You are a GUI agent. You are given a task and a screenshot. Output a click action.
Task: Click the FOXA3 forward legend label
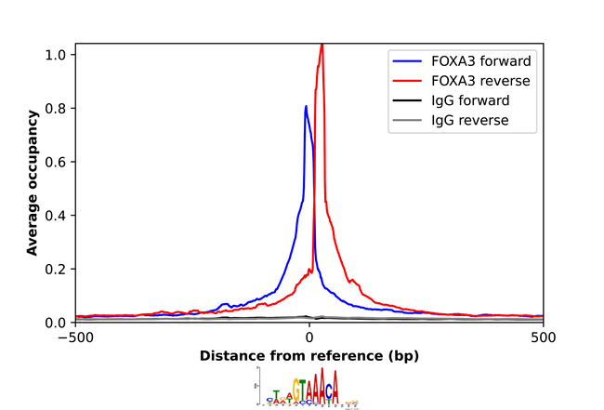pos(480,61)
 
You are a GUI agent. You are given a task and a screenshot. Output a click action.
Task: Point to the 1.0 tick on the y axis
pos(57,55)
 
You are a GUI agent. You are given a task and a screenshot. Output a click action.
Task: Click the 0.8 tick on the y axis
pos(57,108)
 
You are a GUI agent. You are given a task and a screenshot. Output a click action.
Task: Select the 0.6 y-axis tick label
pos(57,162)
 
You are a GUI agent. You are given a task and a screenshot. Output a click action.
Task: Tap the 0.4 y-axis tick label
pos(57,216)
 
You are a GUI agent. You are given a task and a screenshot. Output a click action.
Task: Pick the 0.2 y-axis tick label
pos(57,269)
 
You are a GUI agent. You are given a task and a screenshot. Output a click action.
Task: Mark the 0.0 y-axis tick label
pos(57,323)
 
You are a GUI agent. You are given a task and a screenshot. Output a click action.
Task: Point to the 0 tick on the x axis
pos(309,338)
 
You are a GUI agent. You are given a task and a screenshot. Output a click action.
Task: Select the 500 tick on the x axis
pos(543,338)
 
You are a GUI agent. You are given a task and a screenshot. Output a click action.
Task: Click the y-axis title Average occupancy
pos(33,183)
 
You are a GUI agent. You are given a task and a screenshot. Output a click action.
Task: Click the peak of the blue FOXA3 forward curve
pos(306,106)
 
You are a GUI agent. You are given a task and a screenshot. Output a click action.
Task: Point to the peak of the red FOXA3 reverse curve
pos(322,45)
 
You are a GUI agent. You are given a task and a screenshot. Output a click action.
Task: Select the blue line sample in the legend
pos(408,61)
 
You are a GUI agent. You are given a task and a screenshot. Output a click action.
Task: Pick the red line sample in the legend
pos(408,81)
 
